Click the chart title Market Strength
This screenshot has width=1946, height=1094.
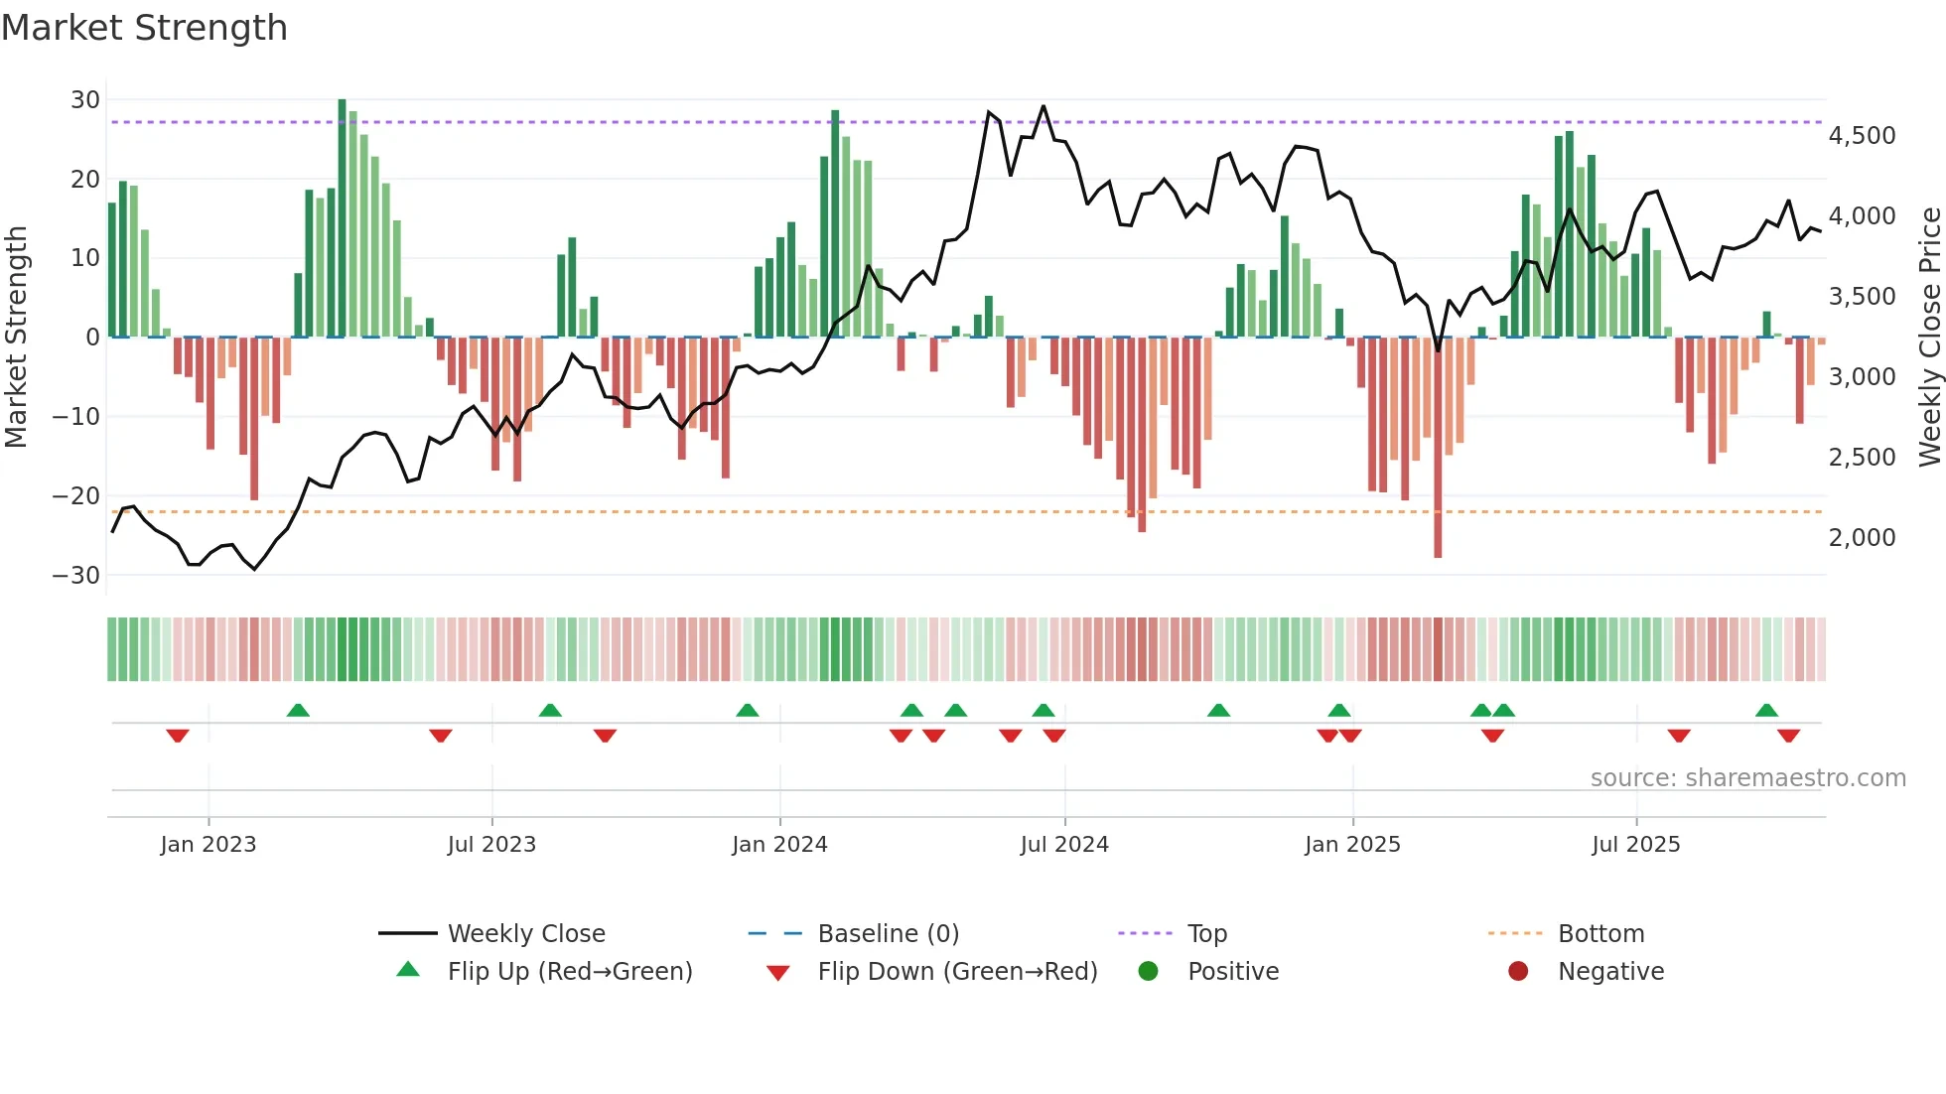(144, 28)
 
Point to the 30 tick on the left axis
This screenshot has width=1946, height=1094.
(85, 100)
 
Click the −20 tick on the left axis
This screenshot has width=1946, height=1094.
(76, 495)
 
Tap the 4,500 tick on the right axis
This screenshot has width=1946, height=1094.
(1862, 136)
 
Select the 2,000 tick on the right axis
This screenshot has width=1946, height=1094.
(1862, 538)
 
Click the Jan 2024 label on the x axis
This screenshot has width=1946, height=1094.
(779, 845)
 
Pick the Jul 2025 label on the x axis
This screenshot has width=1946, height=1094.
(1635, 845)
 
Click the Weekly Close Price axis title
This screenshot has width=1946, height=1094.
(1929, 338)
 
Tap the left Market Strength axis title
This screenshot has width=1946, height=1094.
(16, 338)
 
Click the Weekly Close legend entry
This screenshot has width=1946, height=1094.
(525, 934)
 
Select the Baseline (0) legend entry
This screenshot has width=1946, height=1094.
(888, 934)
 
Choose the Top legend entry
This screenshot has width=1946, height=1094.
(1206, 934)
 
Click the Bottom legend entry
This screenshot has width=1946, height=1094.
(1600, 934)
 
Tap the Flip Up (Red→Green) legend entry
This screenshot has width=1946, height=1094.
(569, 972)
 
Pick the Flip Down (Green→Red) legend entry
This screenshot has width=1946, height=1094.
(957, 972)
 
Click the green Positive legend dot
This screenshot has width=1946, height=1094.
(1148, 972)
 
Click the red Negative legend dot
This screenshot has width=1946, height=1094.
(1518, 972)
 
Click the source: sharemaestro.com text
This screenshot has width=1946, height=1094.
(1747, 778)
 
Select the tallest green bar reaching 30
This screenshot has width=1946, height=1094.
(343, 218)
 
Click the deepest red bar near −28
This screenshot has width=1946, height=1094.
(1438, 447)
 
